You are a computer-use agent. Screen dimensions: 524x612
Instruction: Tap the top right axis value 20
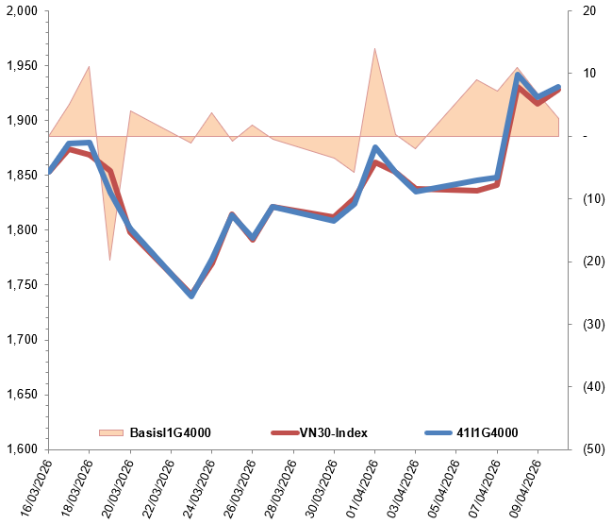coord(590,11)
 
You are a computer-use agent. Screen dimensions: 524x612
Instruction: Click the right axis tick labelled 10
coord(590,74)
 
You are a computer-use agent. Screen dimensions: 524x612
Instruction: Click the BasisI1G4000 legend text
coord(169,433)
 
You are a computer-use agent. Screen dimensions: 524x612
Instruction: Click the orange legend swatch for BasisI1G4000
coord(111,433)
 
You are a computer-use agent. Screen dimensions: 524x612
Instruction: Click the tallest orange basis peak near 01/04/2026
coord(374,50)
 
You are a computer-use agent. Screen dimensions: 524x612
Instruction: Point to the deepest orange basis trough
coord(110,259)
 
